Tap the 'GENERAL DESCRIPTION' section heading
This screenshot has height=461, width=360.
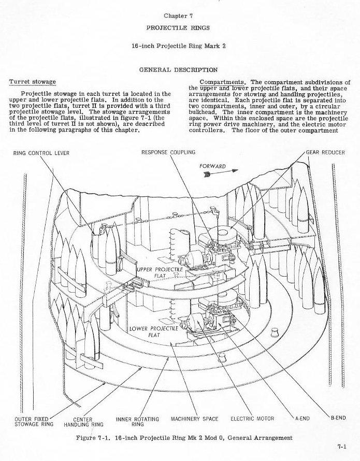pyautogui.click(x=178, y=69)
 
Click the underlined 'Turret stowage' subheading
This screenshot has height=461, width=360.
pyautogui.click(x=33, y=82)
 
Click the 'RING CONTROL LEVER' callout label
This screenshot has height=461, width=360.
pyautogui.click(x=41, y=153)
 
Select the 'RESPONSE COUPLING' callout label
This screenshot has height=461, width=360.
pyautogui.click(x=168, y=152)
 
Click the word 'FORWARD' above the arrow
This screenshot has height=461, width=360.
pyautogui.click(x=212, y=166)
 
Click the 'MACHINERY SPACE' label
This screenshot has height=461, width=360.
pyautogui.click(x=194, y=418)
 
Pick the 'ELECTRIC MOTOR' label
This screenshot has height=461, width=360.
pyautogui.click(x=252, y=418)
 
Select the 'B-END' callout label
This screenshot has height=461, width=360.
pyautogui.click(x=338, y=418)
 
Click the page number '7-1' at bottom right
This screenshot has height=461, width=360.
pyautogui.click(x=341, y=445)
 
